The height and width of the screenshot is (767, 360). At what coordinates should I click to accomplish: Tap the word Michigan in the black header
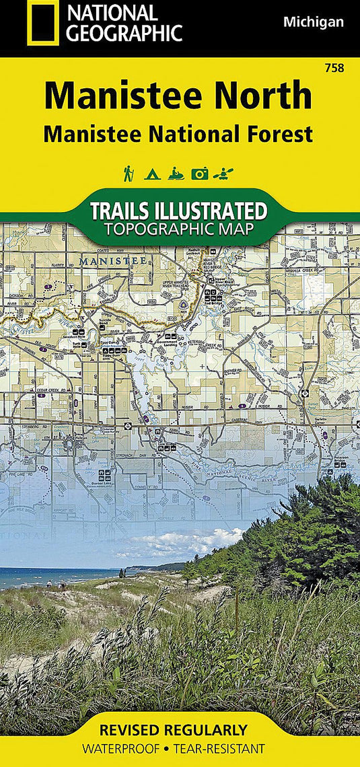(313, 22)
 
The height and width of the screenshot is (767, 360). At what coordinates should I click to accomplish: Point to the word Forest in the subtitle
(281, 134)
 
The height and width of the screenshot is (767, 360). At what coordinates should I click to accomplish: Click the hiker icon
(128, 174)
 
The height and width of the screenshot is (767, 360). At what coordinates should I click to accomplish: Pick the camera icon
(199, 174)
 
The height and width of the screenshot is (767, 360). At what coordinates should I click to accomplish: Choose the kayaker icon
(222, 174)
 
